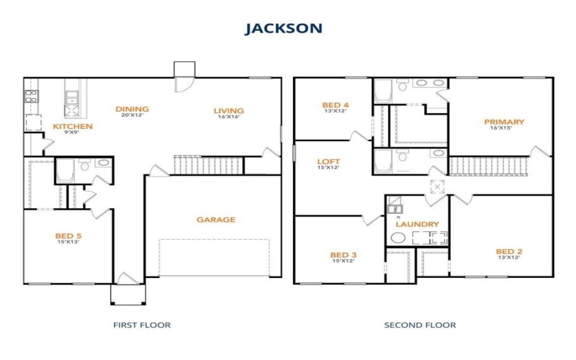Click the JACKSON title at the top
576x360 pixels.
pos(283,28)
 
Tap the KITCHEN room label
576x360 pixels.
pos(73,127)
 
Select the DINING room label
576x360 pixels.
pos(132,109)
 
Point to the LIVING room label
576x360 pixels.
pos(229,111)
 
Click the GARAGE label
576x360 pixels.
pos(216,220)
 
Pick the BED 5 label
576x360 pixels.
pos(69,235)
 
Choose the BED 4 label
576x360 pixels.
pos(336,106)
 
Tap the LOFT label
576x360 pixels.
pos(328,161)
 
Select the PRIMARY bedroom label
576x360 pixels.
pos(504,122)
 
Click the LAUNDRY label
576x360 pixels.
pos(416,224)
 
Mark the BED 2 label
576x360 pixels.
pos(509,252)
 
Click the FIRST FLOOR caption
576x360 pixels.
pos(142,325)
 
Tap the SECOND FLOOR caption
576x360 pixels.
pos(420,325)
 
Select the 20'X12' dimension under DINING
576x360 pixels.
pos(132,116)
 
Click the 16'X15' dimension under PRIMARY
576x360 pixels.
pos(504,129)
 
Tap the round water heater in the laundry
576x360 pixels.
pos(398,238)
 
